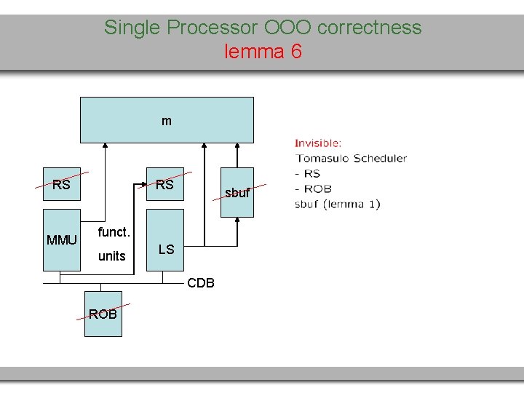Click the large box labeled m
point(167,120)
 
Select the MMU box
point(62,239)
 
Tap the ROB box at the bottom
point(103,314)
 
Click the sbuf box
point(237,193)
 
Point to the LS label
point(167,250)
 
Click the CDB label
point(201,283)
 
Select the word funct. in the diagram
point(114,232)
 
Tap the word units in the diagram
point(112,256)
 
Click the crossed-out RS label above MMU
point(62,185)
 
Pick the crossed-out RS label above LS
point(165,185)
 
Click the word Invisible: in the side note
point(318,143)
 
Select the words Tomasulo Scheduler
point(352,158)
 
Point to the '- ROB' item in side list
point(314,188)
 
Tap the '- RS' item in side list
point(308,173)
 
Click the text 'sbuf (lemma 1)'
point(337,204)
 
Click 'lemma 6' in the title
point(263,52)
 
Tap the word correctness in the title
point(370,28)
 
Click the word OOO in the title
point(290,28)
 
